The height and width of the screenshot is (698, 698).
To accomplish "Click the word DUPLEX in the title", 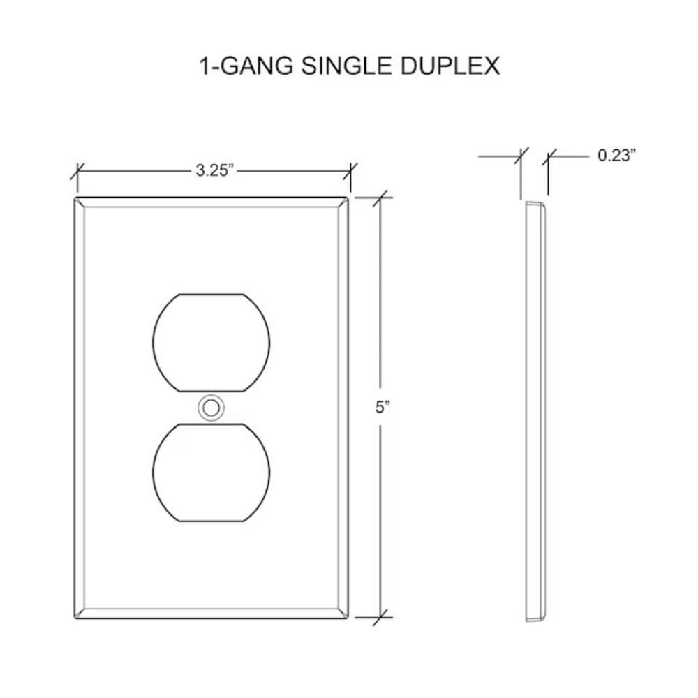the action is [x=450, y=66].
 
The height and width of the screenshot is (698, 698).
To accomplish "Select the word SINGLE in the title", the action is [x=346, y=66].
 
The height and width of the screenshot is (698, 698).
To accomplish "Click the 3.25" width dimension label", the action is [x=214, y=170].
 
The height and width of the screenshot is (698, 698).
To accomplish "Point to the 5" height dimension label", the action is [x=382, y=407].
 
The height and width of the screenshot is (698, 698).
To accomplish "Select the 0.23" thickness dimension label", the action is [x=616, y=156].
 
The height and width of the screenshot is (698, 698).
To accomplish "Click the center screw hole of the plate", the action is [x=211, y=408].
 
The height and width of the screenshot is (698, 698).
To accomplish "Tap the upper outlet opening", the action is [x=211, y=343].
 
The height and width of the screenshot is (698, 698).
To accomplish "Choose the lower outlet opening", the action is [x=211, y=473].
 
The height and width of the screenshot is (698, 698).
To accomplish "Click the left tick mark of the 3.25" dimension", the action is [x=77, y=172].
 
